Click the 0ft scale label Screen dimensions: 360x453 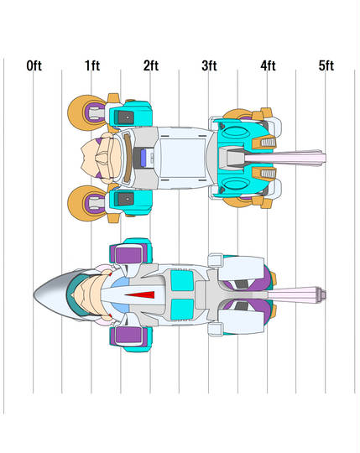pyautogui.click(x=34, y=66)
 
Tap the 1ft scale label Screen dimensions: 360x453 pyautogui.click(x=92, y=66)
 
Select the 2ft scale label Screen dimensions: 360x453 pyautogui.click(x=151, y=66)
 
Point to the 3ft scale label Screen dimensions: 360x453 pyautogui.click(x=209, y=66)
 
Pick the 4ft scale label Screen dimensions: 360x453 pyautogui.click(x=268, y=66)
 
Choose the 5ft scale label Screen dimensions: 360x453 pyautogui.click(x=326, y=66)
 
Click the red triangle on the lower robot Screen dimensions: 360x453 pyautogui.click(x=140, y=294)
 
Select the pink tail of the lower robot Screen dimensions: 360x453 pyautogui.click(x=296, y=294)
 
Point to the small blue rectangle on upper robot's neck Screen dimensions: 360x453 pyautogui.click(x=143, y=158)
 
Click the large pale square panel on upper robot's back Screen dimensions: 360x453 pyautogui.click(x=183, y=158)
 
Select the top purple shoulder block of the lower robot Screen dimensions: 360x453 pyautogui.click(x=129, y=254)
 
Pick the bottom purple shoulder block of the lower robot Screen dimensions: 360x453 pyautogui.click(x=129, y=336)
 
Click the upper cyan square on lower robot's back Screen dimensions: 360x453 pyautogui.click(x=182, y=280)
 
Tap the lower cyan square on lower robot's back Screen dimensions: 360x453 pyautogui.click(x=182, y=310)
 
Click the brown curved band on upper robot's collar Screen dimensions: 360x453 pyautogui.click(x=128, y=158)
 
